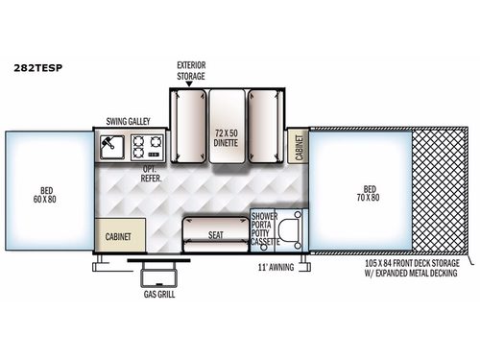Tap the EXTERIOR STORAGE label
(x=192, y=71)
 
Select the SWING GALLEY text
(x=134, y=124)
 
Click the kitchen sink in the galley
(x=112, y=145)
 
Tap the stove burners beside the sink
(x=151, y=146)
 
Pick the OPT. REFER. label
(x=150, y=173)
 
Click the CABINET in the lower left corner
(x=121, y=235)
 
